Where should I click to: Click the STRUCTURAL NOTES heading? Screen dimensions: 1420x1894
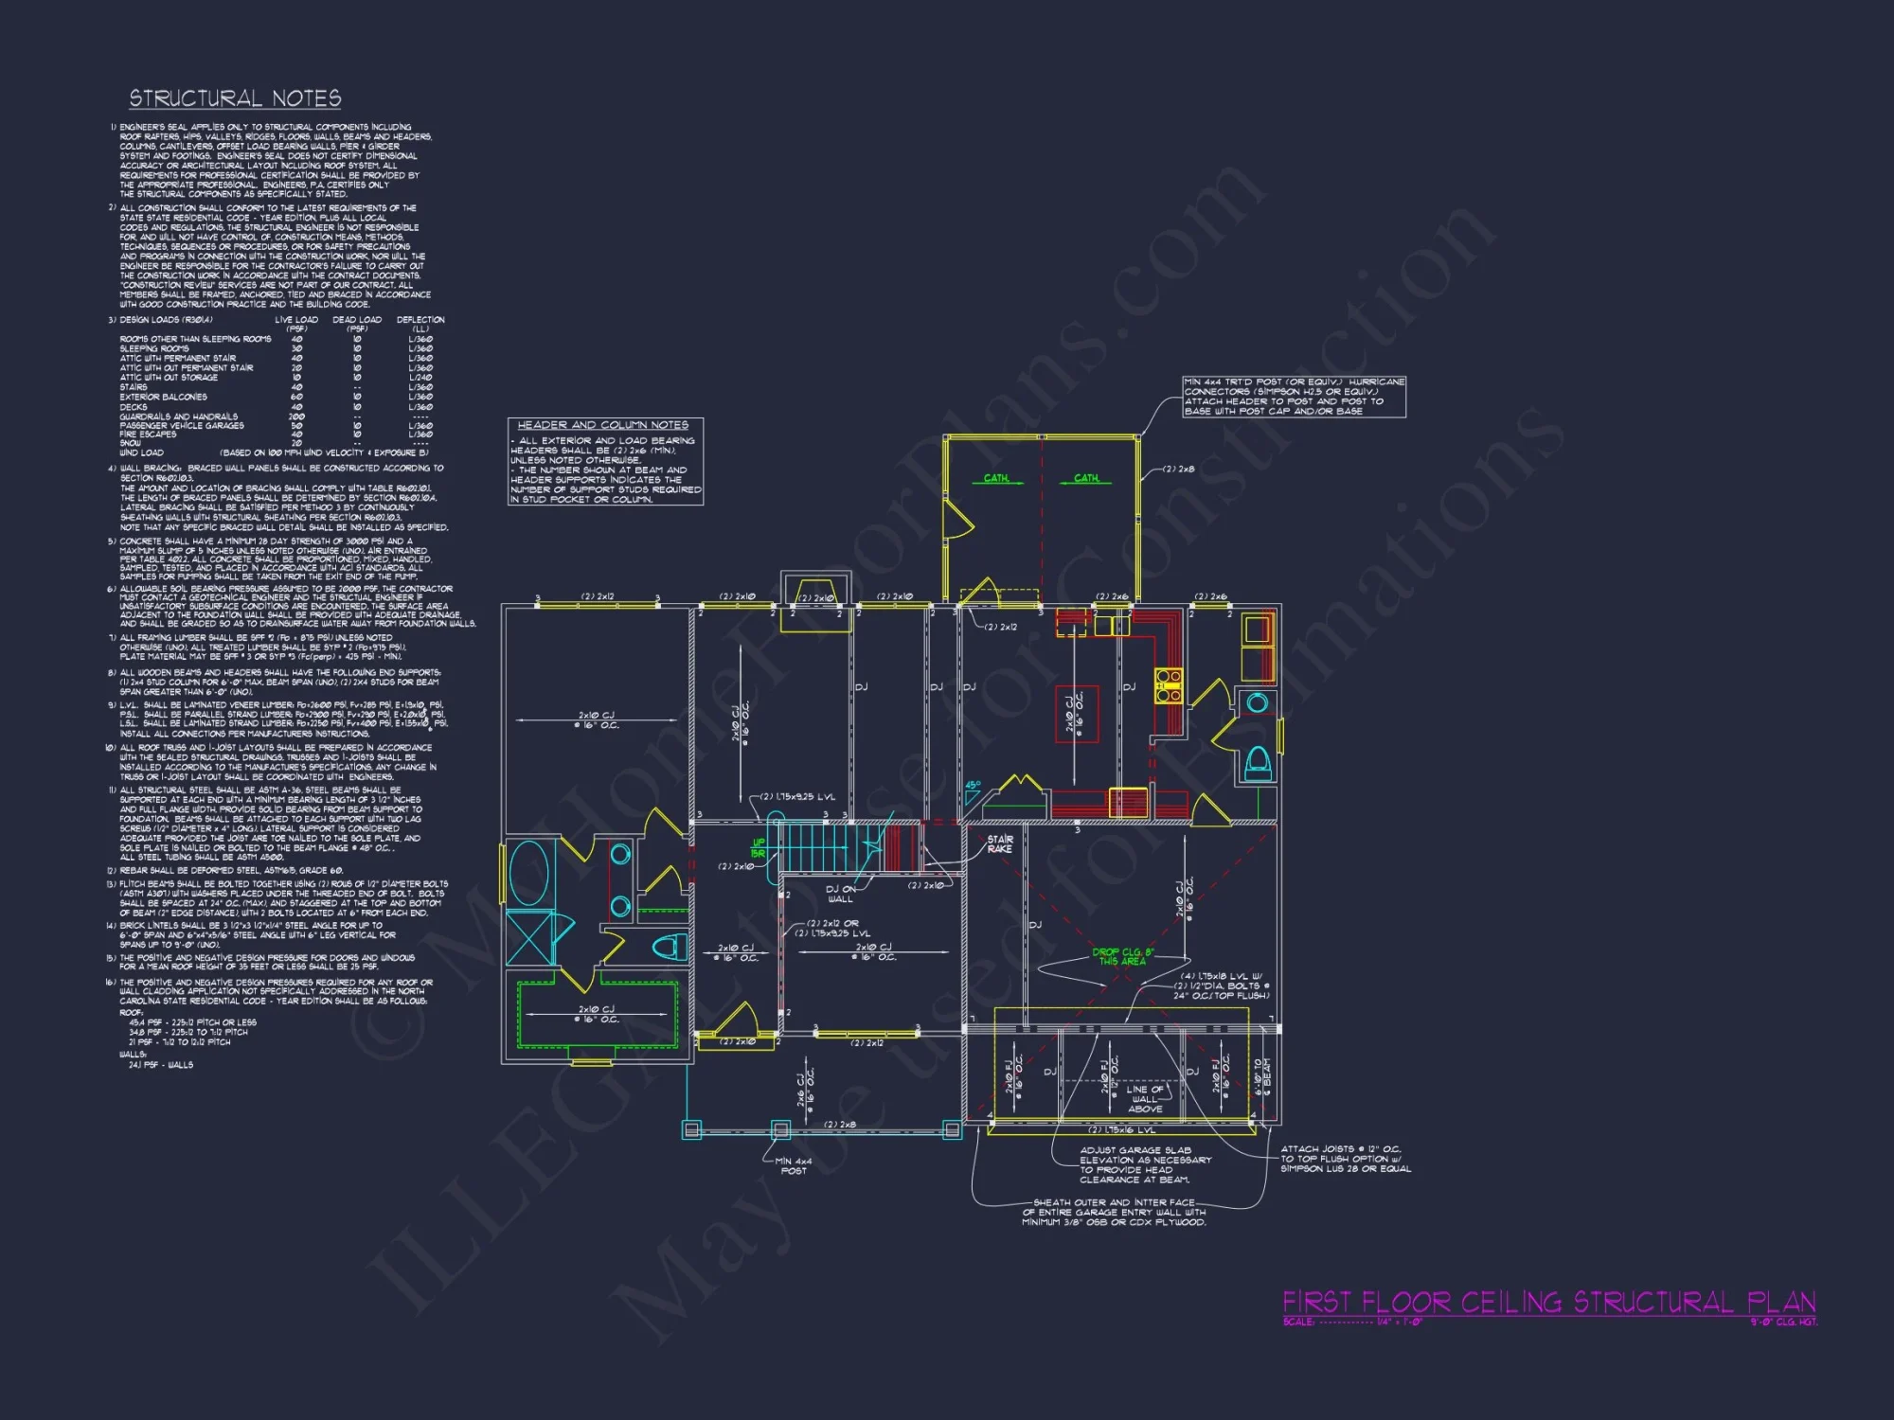(x=235, y=98)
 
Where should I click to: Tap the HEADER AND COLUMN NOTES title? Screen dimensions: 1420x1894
(x=603, y=425)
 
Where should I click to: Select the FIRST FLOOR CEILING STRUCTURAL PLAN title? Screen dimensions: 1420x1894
(x=1548, y=1303)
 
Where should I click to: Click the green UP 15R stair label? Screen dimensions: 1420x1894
(x=758, y=848)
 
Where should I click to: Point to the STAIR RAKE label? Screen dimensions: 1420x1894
(x=999, y=844)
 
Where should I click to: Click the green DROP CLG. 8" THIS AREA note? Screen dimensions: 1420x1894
(x=1122, y=956)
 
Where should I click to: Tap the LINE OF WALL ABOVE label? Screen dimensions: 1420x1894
(x=1145, y=1099)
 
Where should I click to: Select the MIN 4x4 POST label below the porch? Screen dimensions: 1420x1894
(x=793, y=1166)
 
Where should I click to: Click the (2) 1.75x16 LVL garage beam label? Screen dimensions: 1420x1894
(x=1121, y=1130)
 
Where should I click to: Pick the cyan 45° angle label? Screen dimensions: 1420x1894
(x=973, y=786)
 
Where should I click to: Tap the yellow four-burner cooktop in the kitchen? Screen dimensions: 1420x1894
(x=1168, y=685)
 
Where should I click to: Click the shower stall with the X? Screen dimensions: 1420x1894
(x=529, y=938)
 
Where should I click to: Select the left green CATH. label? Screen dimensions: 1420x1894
(x=996, y=478)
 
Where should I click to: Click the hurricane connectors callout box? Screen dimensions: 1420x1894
(x=1294, y=397)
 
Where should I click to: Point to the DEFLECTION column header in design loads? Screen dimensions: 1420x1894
(x=420, y=320)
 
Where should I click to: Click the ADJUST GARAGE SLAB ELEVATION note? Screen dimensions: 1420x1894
(x=1145, y=1165)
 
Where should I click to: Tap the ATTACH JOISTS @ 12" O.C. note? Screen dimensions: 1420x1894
(x=1345, y=1159)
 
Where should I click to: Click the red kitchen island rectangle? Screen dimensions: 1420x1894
(x=1077, y=715)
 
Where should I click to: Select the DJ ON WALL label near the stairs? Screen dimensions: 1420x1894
(x=840, y=894)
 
